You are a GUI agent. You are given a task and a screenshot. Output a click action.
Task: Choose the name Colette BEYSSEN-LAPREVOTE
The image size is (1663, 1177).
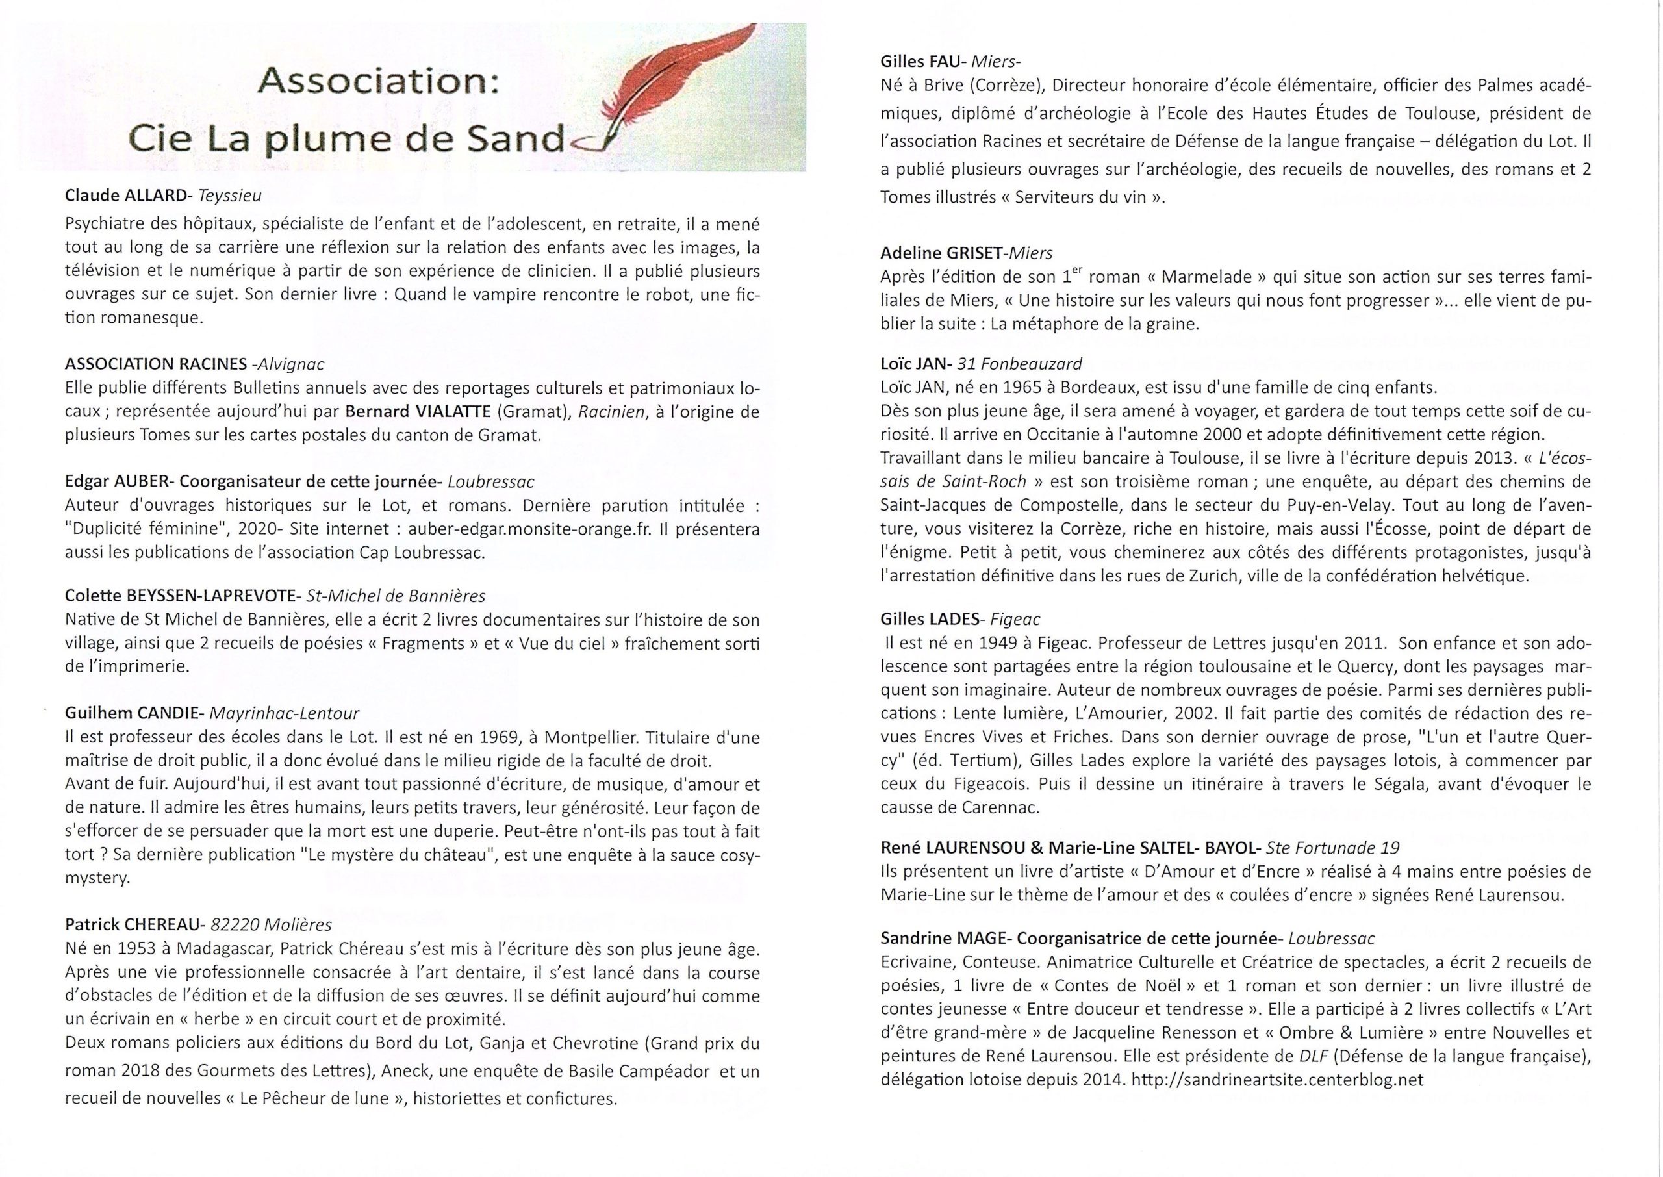[181, 596]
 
